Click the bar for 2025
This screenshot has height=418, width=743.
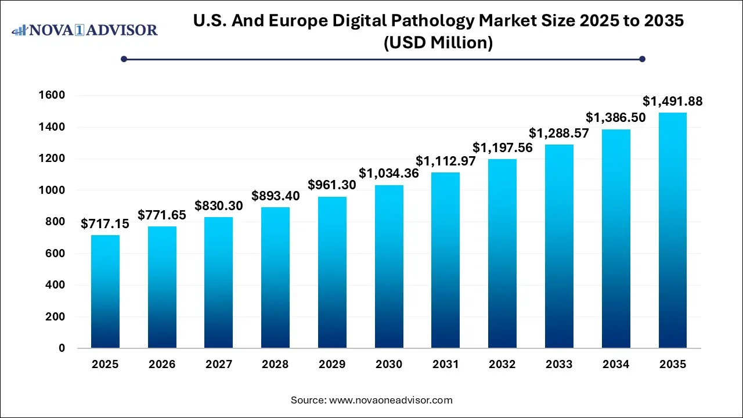point(105,291)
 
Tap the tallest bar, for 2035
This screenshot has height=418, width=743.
point(673,230)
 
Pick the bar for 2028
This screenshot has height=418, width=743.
point(275,278)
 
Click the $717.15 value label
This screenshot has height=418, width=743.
point(105,223)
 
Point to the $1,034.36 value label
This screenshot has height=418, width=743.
point(389,172)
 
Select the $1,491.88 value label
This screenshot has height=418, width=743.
point(672,101)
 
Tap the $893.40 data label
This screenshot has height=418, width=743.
point(275,196)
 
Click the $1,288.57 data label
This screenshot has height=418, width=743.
point(559,132)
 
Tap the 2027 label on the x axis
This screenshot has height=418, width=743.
point(219,365)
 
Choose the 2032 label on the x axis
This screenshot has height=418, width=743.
point(503,365)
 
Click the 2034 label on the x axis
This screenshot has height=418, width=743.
point(616,365)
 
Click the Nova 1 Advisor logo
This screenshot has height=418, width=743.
point(85,30)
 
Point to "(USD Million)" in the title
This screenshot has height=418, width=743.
point(438,42)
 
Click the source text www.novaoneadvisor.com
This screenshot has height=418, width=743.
point(390,400)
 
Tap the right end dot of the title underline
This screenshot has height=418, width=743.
point(642,59)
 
